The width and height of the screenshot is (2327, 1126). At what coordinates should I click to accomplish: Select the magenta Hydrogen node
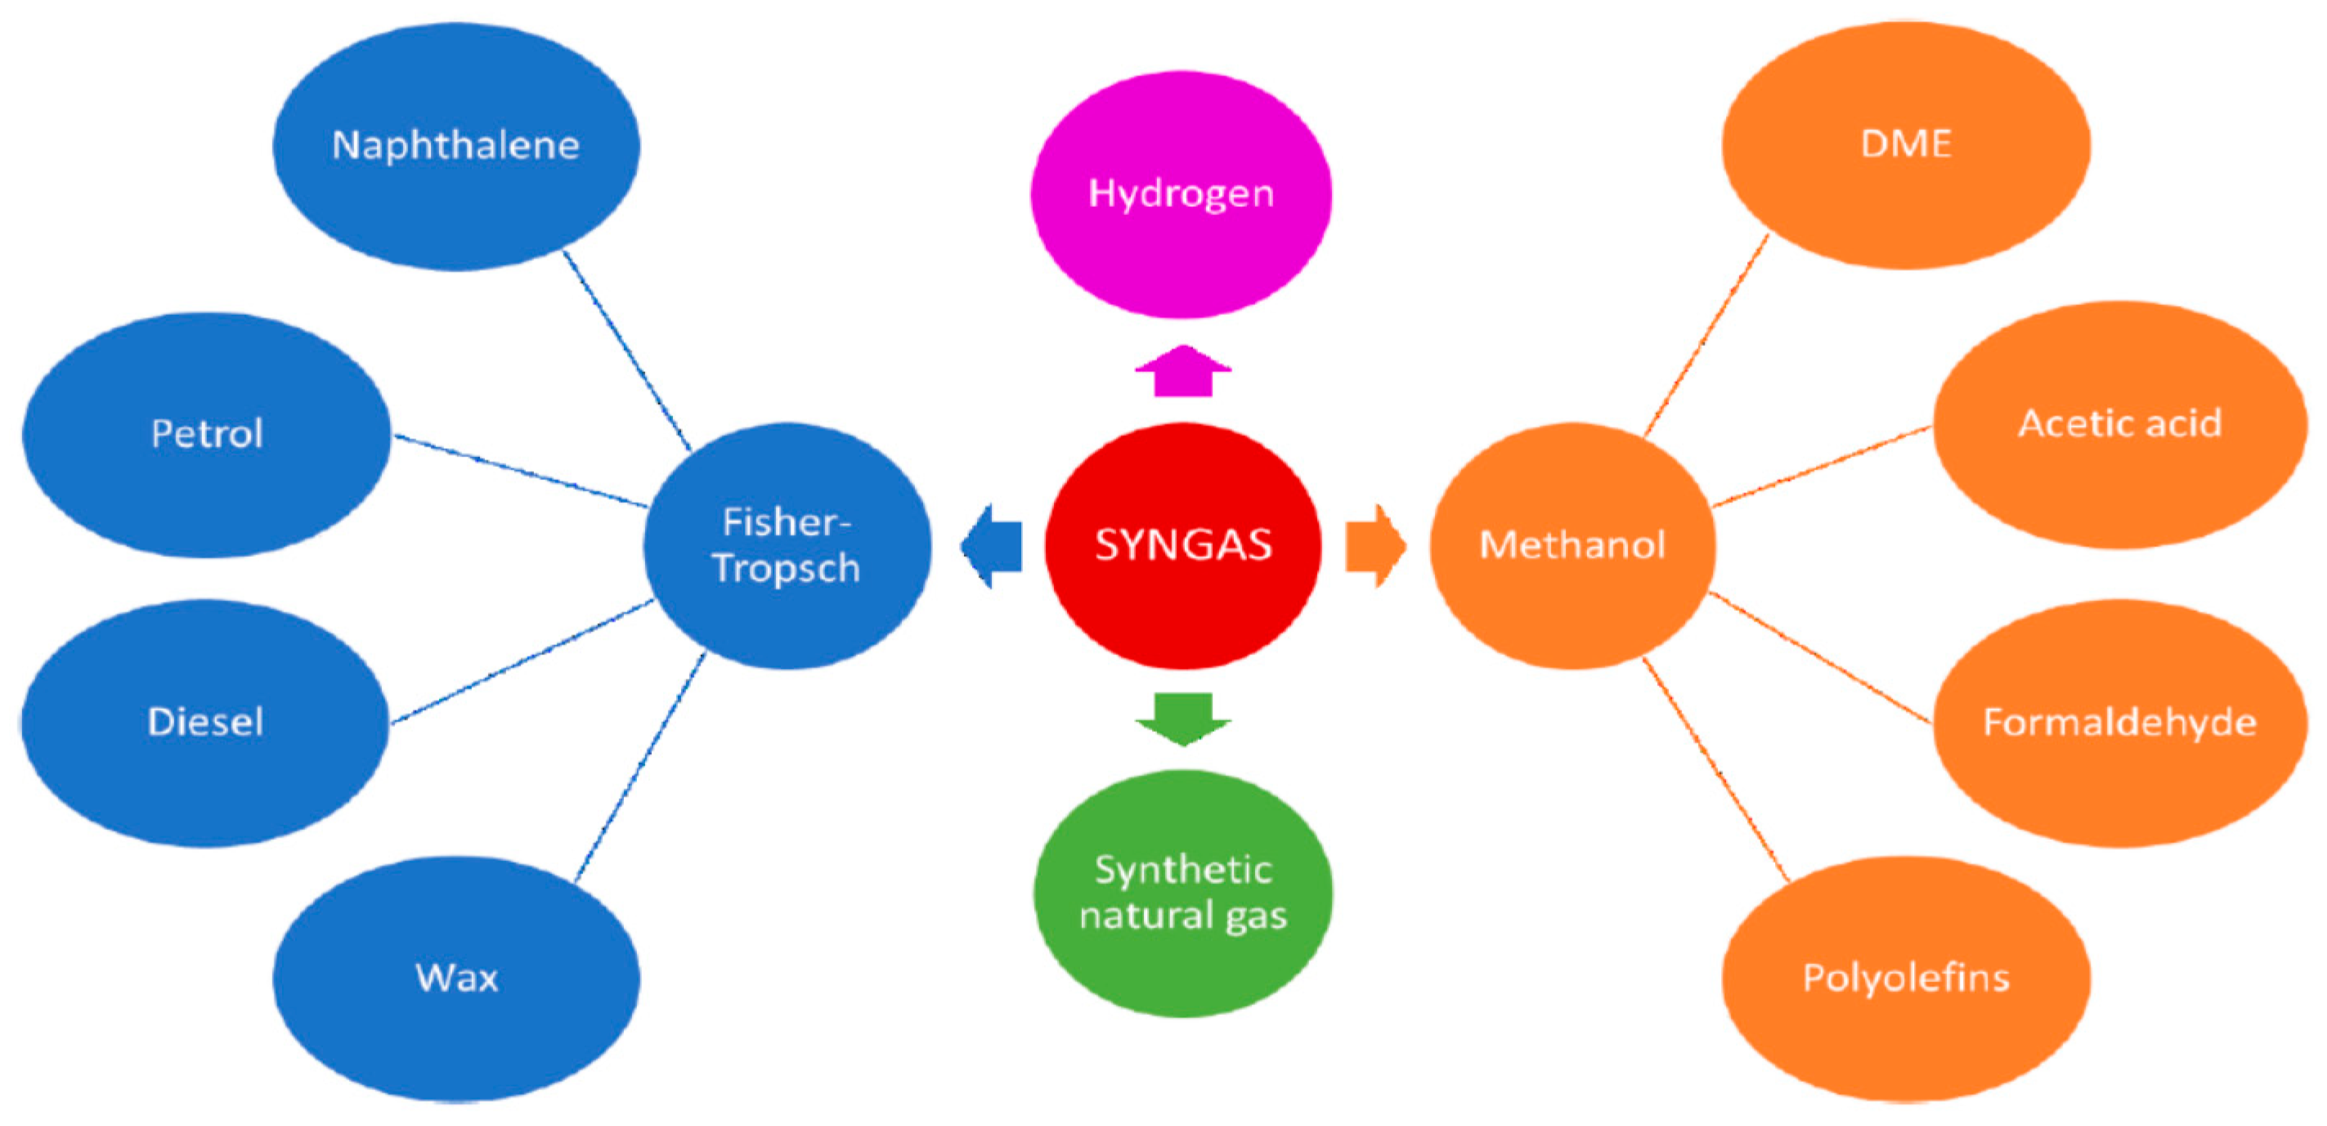pyautogui.click(x=1181, y=195)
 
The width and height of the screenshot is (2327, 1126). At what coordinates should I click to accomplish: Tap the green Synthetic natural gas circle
pyautogui.click(x=1182, y=893)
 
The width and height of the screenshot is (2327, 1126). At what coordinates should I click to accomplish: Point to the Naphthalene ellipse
pyautogui.click(x=456, y=146)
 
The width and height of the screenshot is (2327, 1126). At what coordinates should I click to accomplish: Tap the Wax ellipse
pyautogui.click(x=456, y=979)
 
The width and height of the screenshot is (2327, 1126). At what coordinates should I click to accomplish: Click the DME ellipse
pyautogui.click(x=1906, y=145)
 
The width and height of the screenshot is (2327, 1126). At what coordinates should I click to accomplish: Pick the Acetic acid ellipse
pyautogui.click(x=2120, y=424)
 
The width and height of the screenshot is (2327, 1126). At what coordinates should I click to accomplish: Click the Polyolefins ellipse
pyautogui.click(x=1906, y=979)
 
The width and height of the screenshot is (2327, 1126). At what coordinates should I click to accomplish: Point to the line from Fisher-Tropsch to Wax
pyautogui.click(x=640, y=766)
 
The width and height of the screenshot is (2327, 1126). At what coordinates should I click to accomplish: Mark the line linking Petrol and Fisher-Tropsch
pyautogui.click(x=521, y=471)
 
